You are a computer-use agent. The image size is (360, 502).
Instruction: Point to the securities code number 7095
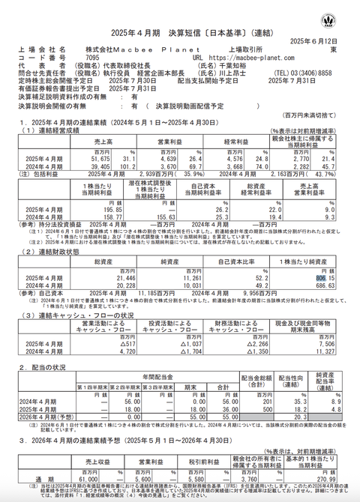click(92, 56)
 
